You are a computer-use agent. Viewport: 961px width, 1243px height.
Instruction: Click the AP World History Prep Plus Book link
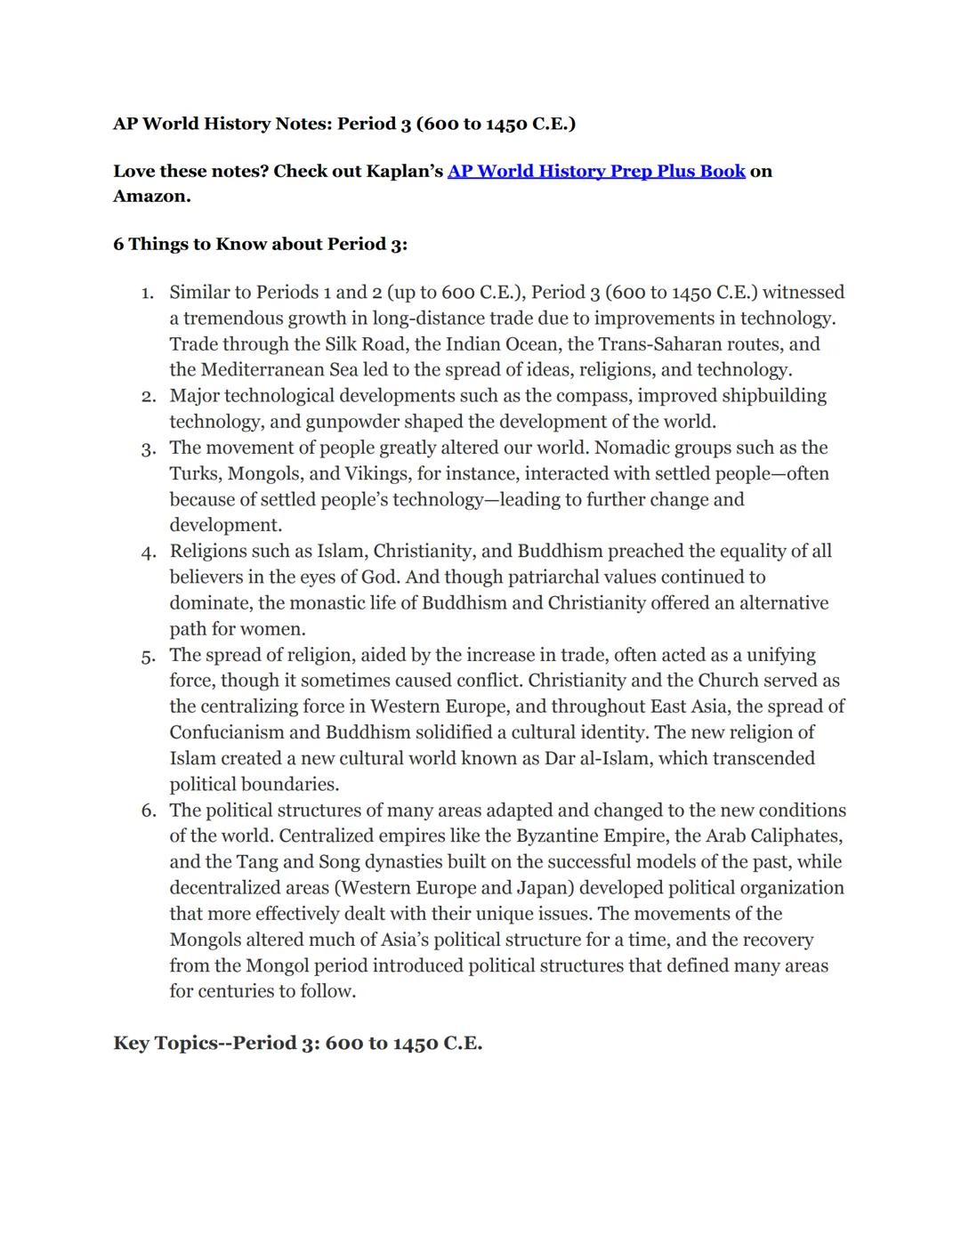click(x=596, y=171)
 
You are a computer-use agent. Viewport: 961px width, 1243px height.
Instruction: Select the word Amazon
click(x=151, y=197)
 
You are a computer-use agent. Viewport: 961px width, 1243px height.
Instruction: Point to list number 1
click(x=148, y=293)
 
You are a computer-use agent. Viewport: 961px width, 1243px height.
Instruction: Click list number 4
click(x=148, y=552)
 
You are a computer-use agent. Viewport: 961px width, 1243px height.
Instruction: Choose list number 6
click(x=148, y=811)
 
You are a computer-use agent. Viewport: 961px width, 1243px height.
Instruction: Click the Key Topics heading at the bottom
click(x=297, y=1043)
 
